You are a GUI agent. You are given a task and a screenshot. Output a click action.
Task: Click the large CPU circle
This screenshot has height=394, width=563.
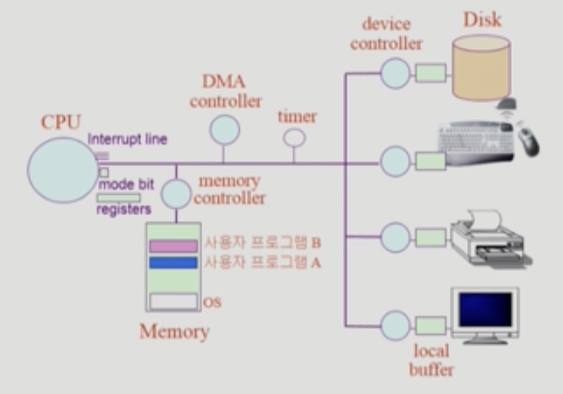(62, 170)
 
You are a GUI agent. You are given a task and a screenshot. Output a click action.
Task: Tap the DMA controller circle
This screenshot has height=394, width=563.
(224, 130)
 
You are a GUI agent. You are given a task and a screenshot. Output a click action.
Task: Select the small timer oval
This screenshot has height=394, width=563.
(294, 138)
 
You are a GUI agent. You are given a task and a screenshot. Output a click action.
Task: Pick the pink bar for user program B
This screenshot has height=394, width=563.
(173, 246)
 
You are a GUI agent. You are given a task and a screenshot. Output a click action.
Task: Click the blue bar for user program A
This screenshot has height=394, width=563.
(173, 263)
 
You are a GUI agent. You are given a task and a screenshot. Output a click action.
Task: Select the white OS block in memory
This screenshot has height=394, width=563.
(173, 302)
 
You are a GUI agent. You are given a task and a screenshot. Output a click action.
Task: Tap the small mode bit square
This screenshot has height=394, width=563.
(104, 172)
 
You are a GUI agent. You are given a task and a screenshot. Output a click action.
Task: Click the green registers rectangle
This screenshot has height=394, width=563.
(119, 198)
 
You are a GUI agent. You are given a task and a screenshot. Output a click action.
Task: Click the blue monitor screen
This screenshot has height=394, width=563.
(485, 309)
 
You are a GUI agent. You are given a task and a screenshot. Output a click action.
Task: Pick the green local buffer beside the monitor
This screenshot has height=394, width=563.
(431, 326)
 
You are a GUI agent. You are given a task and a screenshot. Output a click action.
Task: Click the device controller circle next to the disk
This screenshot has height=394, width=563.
(395, 74)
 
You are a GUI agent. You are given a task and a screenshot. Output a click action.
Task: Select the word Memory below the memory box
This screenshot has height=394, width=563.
(175, 332)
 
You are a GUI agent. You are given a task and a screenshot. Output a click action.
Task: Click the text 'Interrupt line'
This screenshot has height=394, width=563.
(127, 139)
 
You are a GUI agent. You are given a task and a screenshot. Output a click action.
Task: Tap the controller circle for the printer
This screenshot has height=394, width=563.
(395, 237)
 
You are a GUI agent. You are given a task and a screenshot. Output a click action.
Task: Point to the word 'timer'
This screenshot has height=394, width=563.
(297, 117)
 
